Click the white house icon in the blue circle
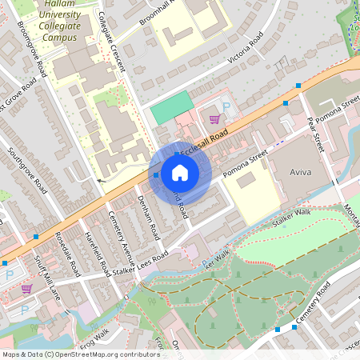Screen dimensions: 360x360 click(180, 173)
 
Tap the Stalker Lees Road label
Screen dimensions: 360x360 click(142, 266)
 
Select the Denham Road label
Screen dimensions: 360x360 click(149, 217)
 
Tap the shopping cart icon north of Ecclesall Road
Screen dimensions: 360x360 click(214, 118)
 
